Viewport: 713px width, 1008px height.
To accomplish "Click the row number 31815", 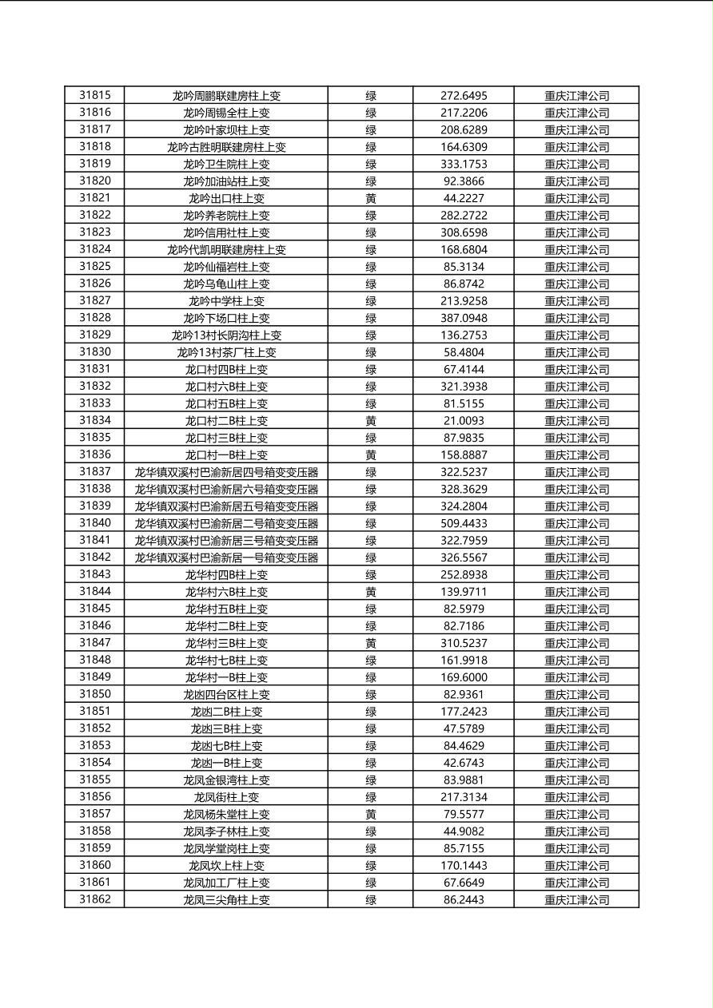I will pos(95,95).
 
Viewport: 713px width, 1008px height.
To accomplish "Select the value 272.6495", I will pos(464,95).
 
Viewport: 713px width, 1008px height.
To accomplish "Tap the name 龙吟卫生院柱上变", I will pos(226,164).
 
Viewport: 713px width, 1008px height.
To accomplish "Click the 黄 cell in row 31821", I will pos(371,198).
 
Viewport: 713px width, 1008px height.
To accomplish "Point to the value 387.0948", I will pos(464,318).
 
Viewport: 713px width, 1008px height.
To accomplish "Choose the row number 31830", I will pos(95,352).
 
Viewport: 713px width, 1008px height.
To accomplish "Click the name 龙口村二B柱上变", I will pos(226,420).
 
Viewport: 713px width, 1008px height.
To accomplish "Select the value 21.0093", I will pos(464,420).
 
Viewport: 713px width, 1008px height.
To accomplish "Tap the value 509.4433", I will pos(464,523).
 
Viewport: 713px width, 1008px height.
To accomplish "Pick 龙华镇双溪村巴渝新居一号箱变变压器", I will pos(226,558).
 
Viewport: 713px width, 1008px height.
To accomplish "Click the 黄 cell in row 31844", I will pos(371,592).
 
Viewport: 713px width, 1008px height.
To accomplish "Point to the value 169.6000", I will pos(464,677).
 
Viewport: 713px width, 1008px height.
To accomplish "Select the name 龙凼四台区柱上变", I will pos(226,694).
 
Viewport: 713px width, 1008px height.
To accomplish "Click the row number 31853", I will pos(95,745).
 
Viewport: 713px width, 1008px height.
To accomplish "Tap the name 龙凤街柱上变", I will pos(226,797).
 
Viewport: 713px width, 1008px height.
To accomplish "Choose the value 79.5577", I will pos(464,814).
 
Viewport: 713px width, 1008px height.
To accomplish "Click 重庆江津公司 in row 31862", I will pos(576,899).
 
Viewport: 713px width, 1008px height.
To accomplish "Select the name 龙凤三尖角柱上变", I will pos(226,899).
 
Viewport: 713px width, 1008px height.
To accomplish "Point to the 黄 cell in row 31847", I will pos(371,643).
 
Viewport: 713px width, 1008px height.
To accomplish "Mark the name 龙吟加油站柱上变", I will pos(226,181).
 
